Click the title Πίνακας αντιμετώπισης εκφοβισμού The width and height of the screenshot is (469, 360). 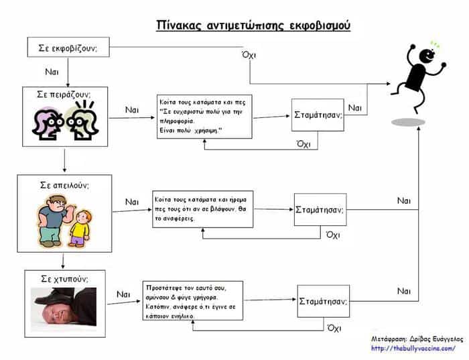(x=253, y=26)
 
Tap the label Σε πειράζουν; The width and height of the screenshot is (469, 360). (x=64, y=95)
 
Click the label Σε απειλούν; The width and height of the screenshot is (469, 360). (x=64, y=185)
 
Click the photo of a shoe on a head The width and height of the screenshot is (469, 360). (x=64, y=309)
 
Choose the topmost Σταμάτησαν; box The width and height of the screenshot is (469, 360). (x=318, y=115)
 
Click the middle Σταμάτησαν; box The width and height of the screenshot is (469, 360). (x=320, y=210)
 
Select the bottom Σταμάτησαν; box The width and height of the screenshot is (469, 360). (x=324, y=302)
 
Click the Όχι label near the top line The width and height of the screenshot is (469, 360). (x=249, y=56)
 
